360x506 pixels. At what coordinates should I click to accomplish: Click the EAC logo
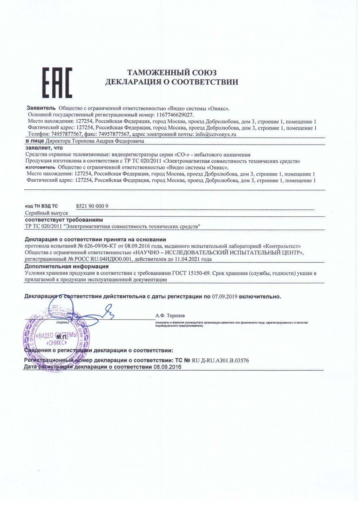tap(58, 83)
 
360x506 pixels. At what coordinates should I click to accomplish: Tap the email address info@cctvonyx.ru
tap(216, 134)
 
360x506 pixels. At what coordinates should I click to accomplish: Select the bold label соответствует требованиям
tap(64, 220)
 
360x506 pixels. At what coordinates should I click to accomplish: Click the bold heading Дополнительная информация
tap(66, 266)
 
